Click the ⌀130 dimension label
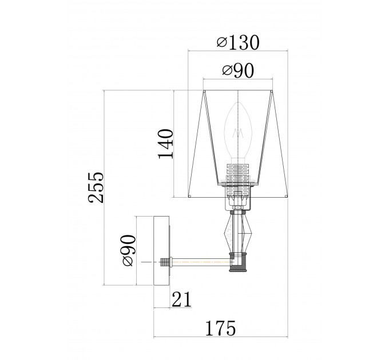(238, 42)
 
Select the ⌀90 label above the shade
(238, 71)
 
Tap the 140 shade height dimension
(165, 143)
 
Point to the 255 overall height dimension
(96, 187)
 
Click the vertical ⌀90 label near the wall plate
(129, 250)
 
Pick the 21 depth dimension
(181, 299)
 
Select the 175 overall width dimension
(221, 328)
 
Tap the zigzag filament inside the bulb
(237, 133)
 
